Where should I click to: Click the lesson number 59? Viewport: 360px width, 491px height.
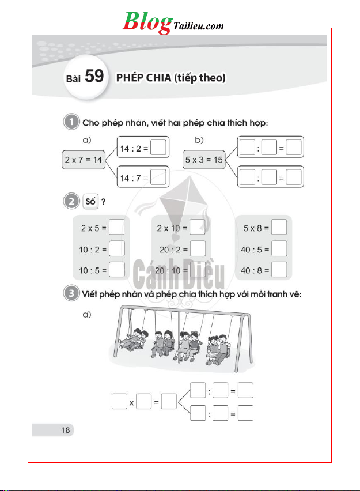[94, 76]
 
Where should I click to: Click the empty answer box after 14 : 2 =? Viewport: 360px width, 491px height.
[160, 149]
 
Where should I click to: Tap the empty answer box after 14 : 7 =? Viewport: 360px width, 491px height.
[160, 178]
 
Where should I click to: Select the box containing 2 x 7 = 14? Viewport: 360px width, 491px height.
[82, 159]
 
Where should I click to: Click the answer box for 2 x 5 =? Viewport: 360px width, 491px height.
[117, 227]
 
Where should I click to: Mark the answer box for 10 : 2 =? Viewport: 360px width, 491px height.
[117, 248]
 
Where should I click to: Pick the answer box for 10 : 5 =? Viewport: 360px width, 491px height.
[117, 269]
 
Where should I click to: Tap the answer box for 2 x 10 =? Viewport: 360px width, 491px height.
[198, 227]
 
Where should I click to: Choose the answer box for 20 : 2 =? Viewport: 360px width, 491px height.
[198, 248]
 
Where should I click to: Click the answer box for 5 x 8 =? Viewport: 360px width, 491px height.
[279, 227]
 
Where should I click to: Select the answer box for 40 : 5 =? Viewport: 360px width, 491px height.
[279, 248]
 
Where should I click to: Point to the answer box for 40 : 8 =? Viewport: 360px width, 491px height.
[279, 269]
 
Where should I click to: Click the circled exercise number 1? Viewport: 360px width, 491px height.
[70, 122]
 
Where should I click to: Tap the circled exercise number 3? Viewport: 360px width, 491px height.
[70, 294]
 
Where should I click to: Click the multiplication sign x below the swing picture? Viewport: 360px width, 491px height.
[132, 403]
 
